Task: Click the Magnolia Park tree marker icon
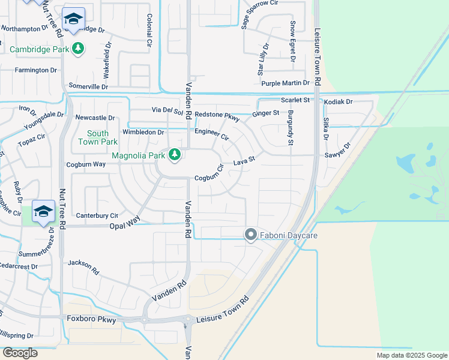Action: pyautogui.click(x=175, y=155)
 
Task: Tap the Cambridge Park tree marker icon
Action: pyautogui.click(x=77, y=48)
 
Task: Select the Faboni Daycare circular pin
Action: pyautogui.click(x=251, y=235)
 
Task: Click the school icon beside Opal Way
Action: pyautogui.click(x=44, y=212)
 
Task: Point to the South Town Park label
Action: pyautogui.click(x=98, y=137)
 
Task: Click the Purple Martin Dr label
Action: pyautogui.click(x=285, y=83)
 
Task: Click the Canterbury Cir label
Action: pyautogui.click(x=97, y=215)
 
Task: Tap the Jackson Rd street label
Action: pyautogui.click(x=83, y=267)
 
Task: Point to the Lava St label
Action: pyautogui.click(x=244, y=161)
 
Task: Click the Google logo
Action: pyautogui.click(x=20, y=353)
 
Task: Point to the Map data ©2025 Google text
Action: pyautogui.click(x=411, y=355)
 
